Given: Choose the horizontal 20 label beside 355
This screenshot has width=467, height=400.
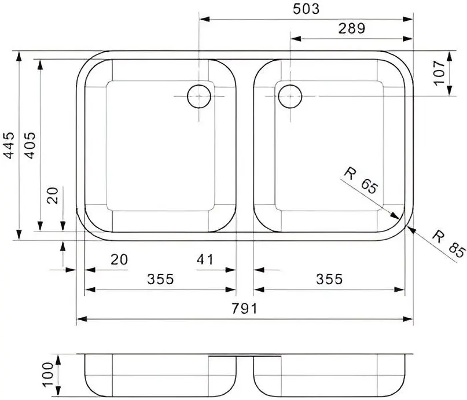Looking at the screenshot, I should coord(119,260).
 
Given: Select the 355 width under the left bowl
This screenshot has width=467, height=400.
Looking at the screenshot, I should coord(160,280).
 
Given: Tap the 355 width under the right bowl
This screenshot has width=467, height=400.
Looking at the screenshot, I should coord(329,280).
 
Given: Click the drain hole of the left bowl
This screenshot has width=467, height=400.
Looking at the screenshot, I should coord(198,96).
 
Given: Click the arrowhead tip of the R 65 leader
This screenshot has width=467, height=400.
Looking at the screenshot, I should coord(399,219).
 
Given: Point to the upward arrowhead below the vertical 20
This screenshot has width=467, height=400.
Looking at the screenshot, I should coord(62,243).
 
